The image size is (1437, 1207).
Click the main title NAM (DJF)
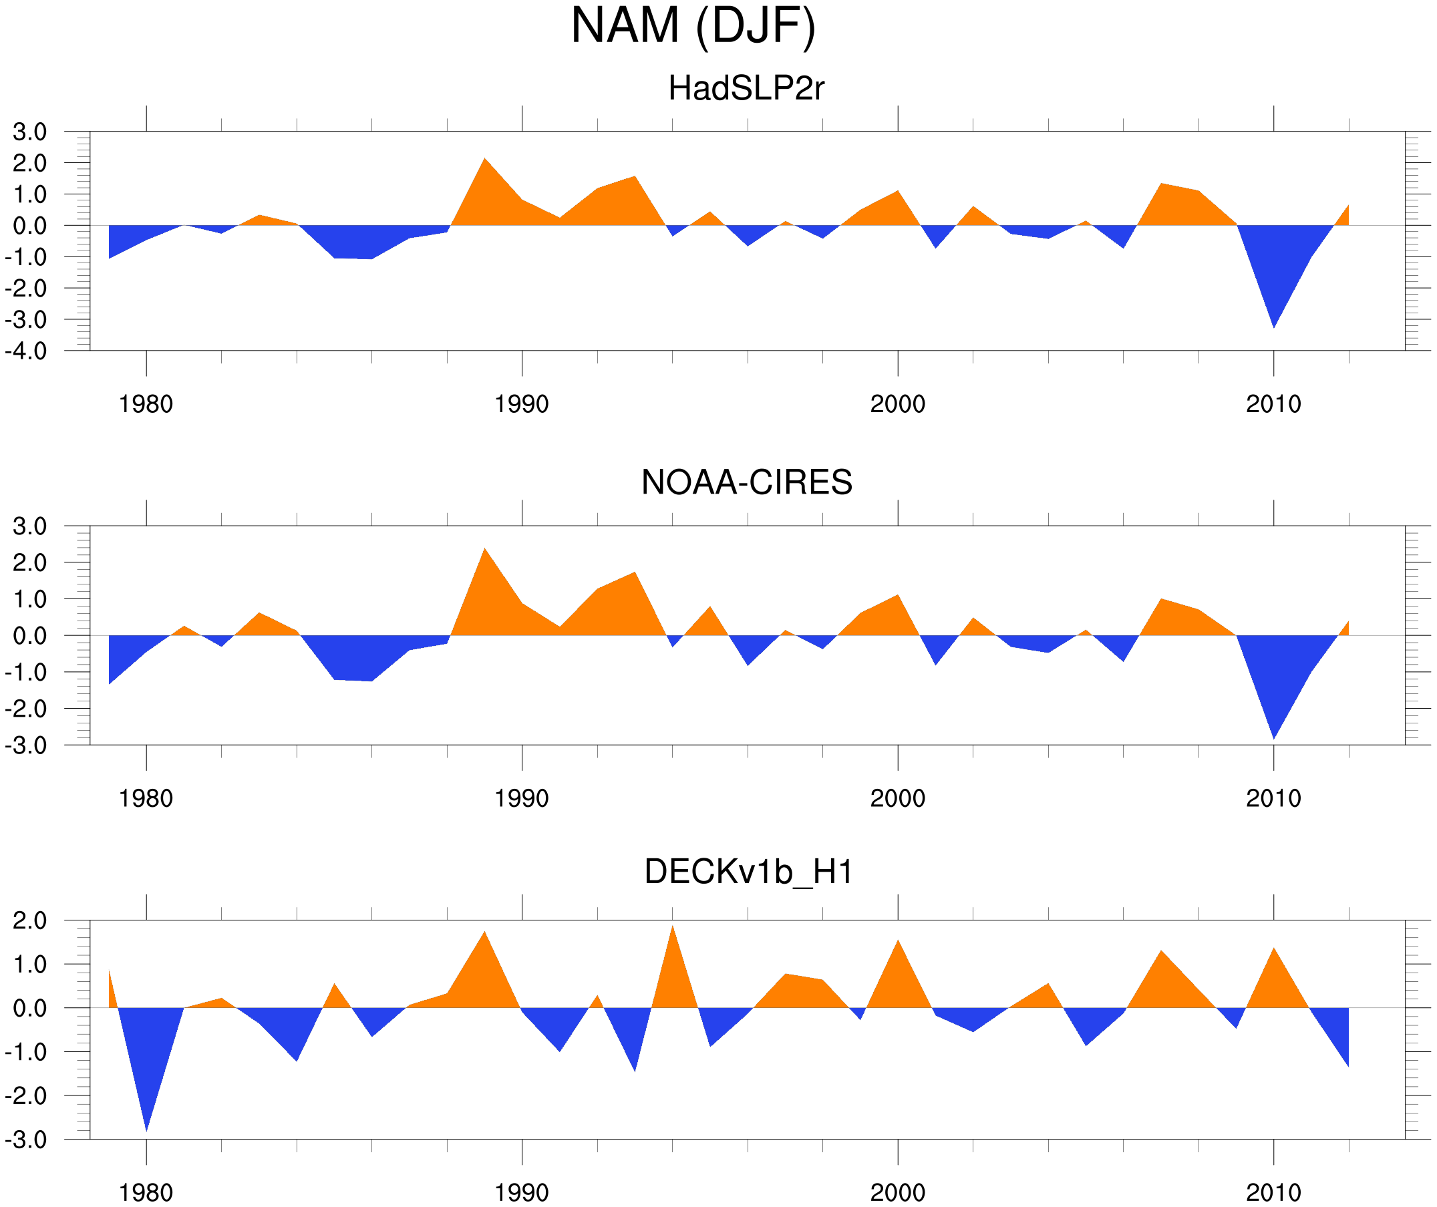(693, 26)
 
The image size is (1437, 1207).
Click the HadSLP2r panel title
(746, 88)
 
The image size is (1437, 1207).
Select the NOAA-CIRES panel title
(746, 482)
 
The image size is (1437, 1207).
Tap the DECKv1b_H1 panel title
(749, 872)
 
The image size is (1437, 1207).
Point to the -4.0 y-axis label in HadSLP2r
(26, 352)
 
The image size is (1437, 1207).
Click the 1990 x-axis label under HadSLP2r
(522, 404)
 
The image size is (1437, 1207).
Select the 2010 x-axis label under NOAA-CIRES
(1273, 798)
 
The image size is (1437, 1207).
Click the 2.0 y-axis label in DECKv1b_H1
(29, 921)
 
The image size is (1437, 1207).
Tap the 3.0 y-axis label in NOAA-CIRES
(29, 527)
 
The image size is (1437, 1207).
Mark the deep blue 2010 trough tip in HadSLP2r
(1273, 327)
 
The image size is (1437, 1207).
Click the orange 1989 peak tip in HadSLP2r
(484, 159)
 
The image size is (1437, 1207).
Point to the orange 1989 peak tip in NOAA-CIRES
(484, 549)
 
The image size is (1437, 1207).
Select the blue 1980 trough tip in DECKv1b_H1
(146, 1130)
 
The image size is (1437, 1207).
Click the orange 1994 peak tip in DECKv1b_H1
(673, 926)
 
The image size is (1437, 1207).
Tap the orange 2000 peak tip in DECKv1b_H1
(898, 941)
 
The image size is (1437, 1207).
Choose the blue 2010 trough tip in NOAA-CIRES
(1273, 738)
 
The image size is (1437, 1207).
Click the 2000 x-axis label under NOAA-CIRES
(897, 798)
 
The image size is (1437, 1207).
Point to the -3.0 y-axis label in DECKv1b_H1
(26, 1140)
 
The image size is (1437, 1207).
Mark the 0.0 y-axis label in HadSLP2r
(29, 226)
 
